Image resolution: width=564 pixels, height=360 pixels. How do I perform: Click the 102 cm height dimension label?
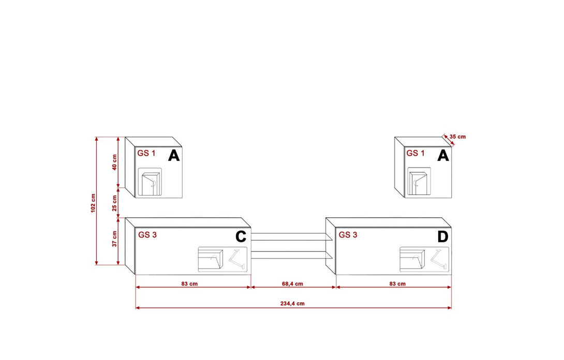(x=93, y=202)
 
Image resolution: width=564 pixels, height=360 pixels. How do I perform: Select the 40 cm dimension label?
(x=114, y=161)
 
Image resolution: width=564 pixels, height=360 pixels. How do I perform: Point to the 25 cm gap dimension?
(x=114, y=203)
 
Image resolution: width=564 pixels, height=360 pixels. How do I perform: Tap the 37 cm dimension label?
(x=114, y=239)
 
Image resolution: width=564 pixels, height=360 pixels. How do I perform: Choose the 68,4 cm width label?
(x=293, y=284)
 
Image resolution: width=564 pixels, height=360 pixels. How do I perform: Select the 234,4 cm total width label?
(x=293, y=304)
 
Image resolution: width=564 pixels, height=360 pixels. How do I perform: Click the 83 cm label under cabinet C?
(x=189, y=284)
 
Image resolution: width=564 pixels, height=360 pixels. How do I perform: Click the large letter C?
(x=241, y=237)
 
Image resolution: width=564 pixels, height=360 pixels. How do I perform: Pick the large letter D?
(x=442, y=237)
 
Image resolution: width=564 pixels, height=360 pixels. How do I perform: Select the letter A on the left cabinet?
(x=174, y=155)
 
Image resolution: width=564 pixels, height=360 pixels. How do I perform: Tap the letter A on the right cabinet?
(x=443, y=155)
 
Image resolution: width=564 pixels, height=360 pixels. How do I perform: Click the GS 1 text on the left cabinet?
(x=146, y=153)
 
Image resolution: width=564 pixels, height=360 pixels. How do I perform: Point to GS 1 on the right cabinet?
(x=415, y=153)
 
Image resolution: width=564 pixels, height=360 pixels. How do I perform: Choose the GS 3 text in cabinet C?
(x=147, y=234)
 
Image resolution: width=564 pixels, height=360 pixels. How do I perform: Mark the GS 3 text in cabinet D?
(x=348, y=234)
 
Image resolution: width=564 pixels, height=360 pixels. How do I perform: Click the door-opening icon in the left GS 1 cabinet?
(x=152, y=182)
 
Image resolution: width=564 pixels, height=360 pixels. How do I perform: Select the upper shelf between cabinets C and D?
(x=290, y=237)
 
